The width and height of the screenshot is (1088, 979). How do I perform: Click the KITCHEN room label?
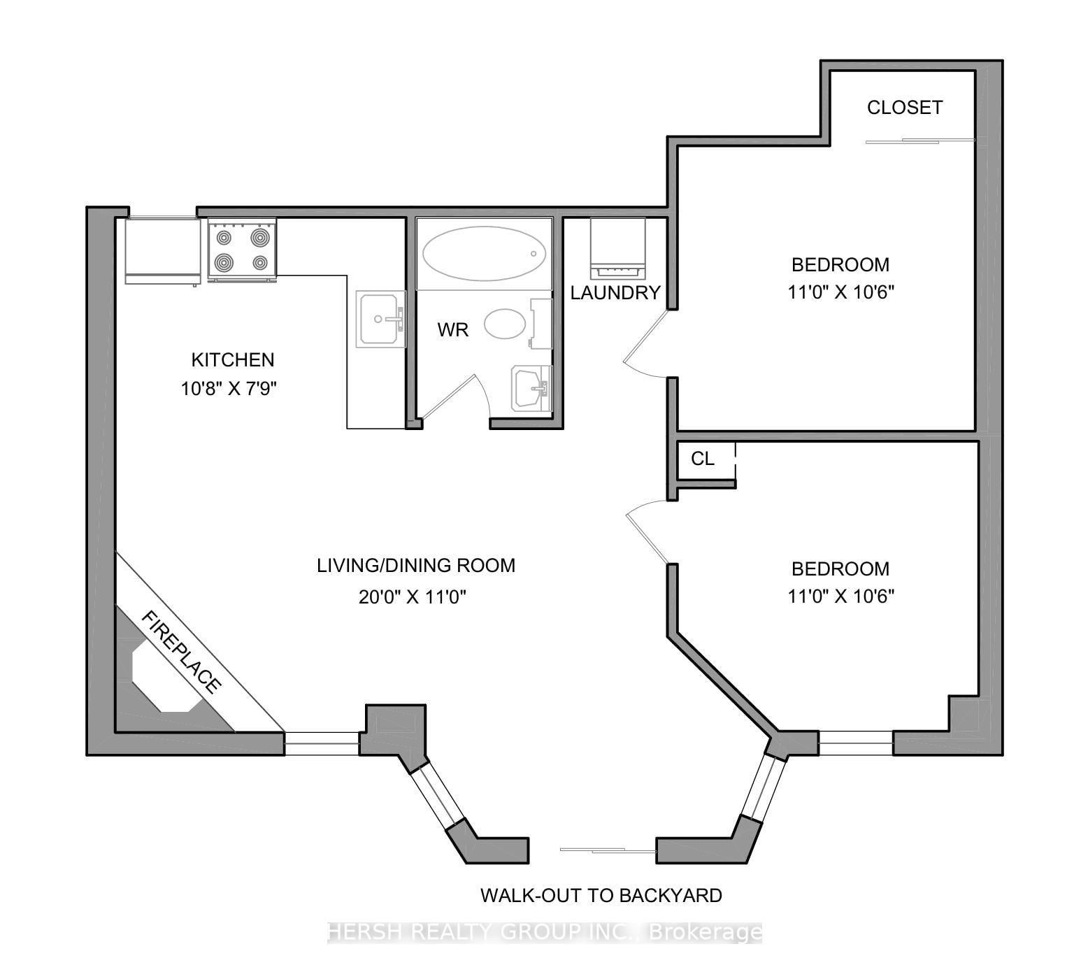click(x=233, y=360)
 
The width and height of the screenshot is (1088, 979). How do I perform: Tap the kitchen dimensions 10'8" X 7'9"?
click(x=229, y=388)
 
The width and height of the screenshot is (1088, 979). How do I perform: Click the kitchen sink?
click(x=380, y=319)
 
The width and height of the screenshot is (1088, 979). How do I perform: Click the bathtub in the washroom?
click(x=484, y=253)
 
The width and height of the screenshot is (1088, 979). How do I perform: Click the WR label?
click(x=452, y=330)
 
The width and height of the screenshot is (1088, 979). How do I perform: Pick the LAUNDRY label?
click(x=615, y=293)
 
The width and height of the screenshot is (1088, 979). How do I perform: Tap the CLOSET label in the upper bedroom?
click(x=905, y=108)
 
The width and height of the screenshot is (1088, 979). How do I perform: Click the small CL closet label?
click(x=702, y=459)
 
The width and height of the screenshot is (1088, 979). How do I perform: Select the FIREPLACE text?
click(x=182, y=651)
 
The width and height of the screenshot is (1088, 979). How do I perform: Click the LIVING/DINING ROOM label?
click(x=416, y=566)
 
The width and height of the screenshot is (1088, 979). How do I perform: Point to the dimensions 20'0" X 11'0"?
click(x=413, y=597)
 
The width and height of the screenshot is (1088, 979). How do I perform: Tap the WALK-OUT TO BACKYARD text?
click(x=601, y=895)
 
